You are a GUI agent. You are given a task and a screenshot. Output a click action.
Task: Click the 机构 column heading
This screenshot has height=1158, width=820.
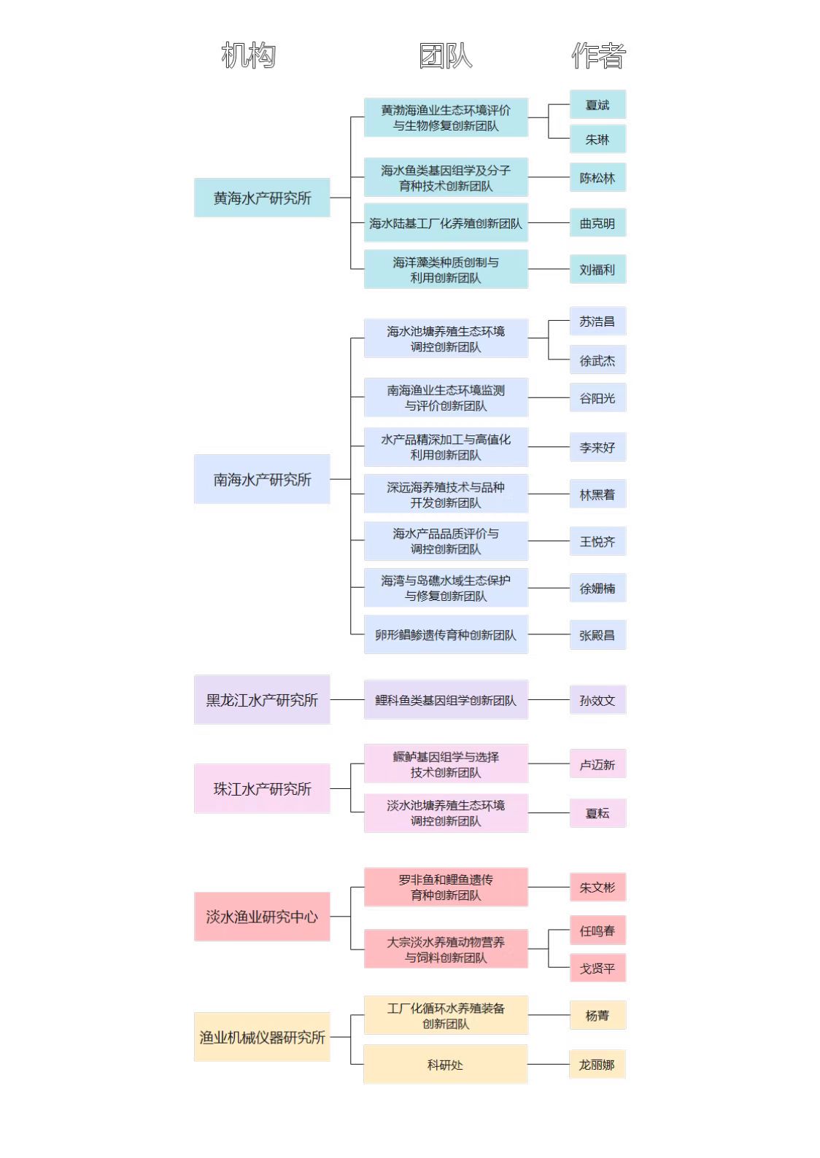248,55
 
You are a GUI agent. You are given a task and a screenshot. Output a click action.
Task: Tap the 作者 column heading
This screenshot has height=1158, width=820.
598,55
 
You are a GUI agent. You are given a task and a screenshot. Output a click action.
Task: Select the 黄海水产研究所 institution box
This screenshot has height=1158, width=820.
262,198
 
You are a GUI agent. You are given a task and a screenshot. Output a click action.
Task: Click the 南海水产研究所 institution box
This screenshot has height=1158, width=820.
262,479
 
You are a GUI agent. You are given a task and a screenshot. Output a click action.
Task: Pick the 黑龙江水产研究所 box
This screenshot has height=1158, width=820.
262,699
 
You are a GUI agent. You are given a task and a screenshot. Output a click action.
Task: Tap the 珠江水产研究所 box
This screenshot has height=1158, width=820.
262,788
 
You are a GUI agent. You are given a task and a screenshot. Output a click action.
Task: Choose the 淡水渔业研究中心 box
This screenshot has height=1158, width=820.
262,917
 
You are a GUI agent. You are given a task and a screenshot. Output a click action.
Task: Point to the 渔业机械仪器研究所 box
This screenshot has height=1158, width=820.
262,1036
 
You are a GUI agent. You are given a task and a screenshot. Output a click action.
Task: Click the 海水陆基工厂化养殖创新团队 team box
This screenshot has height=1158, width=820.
446,223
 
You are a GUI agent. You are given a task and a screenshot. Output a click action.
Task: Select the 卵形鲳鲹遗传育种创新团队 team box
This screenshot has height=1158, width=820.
446,634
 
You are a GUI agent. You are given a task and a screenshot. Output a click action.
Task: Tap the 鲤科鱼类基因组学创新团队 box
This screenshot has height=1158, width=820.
446,699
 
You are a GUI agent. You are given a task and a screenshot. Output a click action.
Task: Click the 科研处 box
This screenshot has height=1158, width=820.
446,1065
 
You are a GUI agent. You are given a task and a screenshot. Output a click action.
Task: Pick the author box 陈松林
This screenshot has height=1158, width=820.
598,177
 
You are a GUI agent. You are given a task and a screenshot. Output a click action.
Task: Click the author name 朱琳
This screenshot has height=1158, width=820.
597,139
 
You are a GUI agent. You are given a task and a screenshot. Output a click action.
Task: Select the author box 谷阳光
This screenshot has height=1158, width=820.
598,397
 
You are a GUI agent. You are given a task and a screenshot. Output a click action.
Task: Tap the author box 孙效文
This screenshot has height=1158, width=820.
598,699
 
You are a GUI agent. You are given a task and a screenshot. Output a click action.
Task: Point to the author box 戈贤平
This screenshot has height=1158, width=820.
598,968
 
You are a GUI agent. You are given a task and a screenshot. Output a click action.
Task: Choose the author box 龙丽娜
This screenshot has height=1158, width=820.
597,1065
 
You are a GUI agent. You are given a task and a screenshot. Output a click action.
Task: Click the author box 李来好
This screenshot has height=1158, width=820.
598,447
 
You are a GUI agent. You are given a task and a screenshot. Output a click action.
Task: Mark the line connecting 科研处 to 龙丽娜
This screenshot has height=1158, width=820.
549,1065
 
